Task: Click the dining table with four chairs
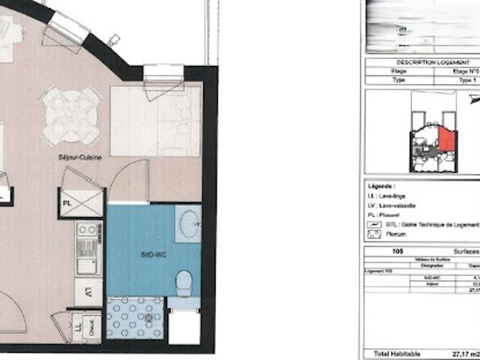click(71, 115)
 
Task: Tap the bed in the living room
click(155, 120)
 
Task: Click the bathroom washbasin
click(188, 222)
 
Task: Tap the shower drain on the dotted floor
click(148, 318)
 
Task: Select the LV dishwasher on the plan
click(88, 290)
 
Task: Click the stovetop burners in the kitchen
click(87, 231)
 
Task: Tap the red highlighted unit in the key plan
click(445, 138)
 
